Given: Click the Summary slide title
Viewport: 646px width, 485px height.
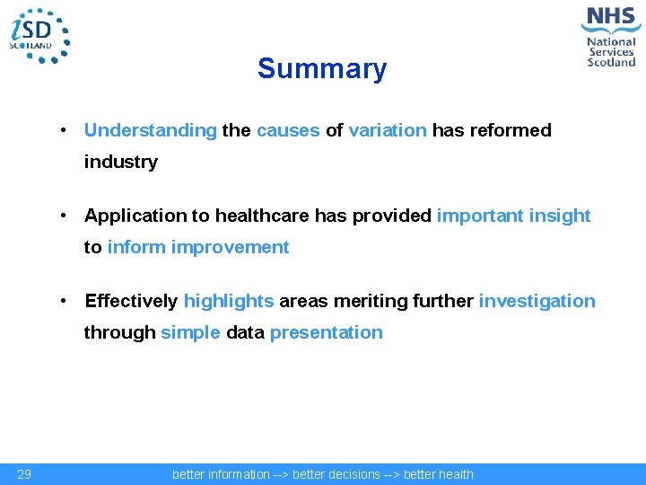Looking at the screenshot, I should click(x=322, y=69).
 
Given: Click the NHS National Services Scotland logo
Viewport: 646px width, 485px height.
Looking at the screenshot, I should click(x=611, y=37).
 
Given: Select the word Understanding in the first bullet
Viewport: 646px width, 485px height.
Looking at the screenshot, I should click(x=150, y=130).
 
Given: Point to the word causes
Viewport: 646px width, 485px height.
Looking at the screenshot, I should click(x=288, y=130).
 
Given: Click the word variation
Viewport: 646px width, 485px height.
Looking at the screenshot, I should click(x=388, y=130).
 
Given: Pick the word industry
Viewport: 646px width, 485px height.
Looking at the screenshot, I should click(x=120, y=163).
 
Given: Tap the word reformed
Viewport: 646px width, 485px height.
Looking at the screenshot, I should click(x=509, y=130).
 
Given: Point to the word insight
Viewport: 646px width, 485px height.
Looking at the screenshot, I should click(x=558, y=216).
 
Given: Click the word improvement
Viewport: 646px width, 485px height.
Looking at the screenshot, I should click(x=230, y=248).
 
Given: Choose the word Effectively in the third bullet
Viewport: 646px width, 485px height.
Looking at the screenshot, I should click(x=131, y=301).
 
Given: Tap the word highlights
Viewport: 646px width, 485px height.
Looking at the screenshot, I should click(x=229, y=301).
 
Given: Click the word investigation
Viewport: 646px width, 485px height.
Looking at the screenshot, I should click(x=537, y=301).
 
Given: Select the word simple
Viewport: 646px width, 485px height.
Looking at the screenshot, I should click(x=190, y=333).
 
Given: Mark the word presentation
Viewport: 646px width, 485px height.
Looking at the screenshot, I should click(x=326, y=333).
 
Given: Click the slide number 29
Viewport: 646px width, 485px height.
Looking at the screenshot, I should click(x=25, y=474).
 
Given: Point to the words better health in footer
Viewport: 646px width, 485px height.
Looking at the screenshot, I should click(x=438, y=474).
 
